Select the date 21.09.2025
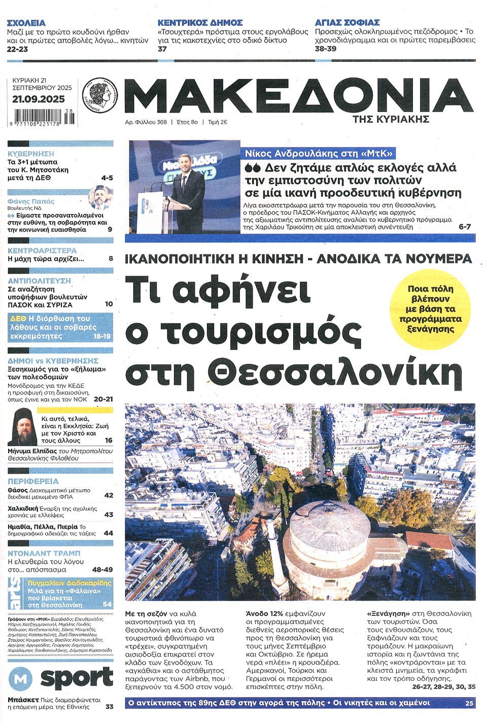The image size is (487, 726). [38, 99]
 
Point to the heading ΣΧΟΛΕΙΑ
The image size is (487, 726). [26, 23]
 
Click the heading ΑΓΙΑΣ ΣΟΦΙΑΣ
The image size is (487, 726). [347, 23]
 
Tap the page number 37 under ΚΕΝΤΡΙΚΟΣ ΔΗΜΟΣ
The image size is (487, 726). [162, 49]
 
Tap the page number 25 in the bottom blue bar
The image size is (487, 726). [468, 703]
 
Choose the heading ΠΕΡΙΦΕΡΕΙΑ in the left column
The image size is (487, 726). [33, 481]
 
